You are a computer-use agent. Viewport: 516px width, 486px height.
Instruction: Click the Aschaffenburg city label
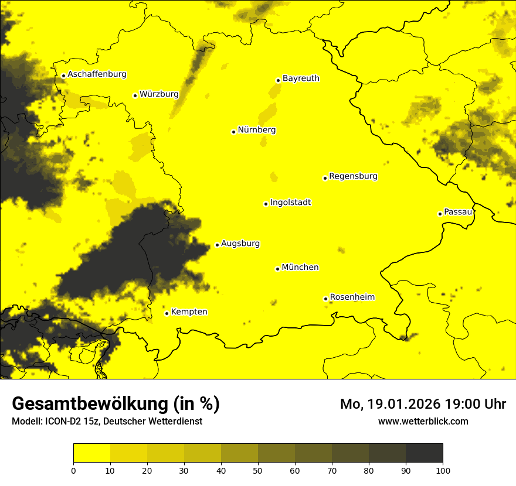[97, 74]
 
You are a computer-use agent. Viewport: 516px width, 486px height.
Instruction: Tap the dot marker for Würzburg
[135, 95]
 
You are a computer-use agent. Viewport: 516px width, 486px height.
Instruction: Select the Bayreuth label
[301, 78]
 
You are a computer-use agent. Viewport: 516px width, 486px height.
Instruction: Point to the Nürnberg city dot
[233, 132]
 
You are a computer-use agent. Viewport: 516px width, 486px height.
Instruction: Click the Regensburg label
[353, 176]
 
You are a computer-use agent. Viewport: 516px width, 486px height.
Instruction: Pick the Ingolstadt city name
[290, 203]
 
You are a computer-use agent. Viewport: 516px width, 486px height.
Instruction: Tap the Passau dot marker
[440, 214]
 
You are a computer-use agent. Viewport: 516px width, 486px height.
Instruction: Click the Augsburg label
[240, 243]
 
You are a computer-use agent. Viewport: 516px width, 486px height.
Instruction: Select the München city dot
[277, 269]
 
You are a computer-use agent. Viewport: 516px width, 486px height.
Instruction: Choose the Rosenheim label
[352, 297]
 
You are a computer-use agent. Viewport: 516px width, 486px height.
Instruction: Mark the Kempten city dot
[167, 313]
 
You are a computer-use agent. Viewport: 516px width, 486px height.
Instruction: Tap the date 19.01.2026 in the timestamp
[398, 404]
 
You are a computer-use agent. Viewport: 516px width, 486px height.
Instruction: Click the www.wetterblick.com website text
[423, 421]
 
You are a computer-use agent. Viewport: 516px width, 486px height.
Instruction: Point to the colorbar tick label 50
[258, 470]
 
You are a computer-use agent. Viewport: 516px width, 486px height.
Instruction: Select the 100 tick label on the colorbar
[443, 470]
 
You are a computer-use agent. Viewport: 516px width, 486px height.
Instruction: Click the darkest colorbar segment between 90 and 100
[424, 453]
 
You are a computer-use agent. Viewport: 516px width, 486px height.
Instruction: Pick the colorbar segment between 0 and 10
[91, 453]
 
